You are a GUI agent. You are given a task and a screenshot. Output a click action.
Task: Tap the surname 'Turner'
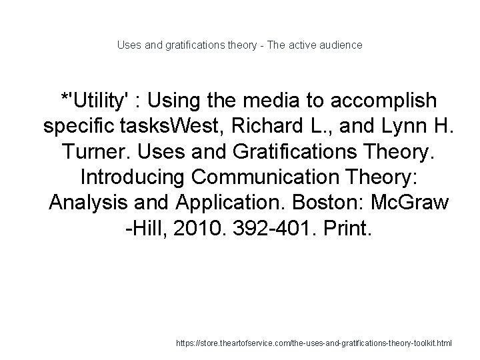[97, 153]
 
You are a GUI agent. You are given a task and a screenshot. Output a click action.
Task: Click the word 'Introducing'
[132, 179]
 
